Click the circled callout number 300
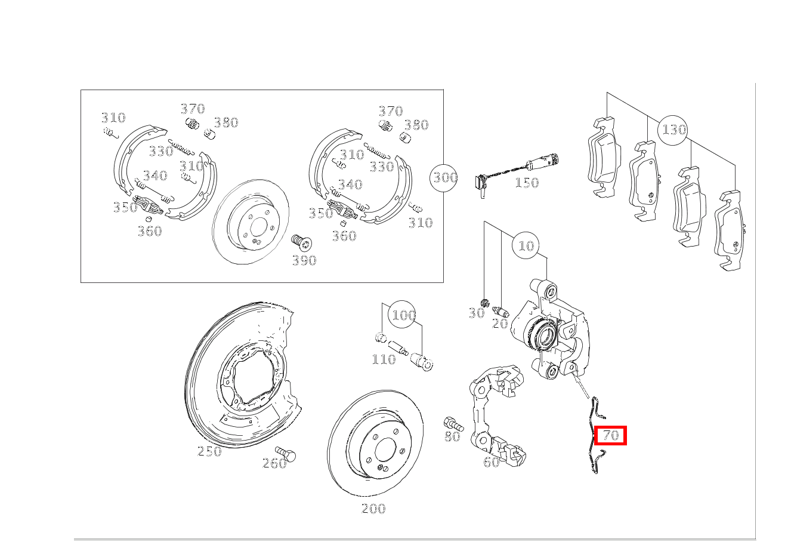(444, 178)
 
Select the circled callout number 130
(673, 130)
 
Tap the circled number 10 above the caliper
(526, 245)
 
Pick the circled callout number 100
(402, 315)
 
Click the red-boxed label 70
(611, 435)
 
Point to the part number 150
(527, 183)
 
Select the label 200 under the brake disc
(373, 509)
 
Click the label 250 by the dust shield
(209, 451)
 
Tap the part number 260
(274, 463)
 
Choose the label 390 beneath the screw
(304, 261)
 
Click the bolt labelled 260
(286, 453)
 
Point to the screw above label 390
(301, 242)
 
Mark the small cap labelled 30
(485, 303)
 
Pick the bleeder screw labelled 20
(500, 312)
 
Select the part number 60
(491, 462)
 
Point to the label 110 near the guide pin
(384, 359)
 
